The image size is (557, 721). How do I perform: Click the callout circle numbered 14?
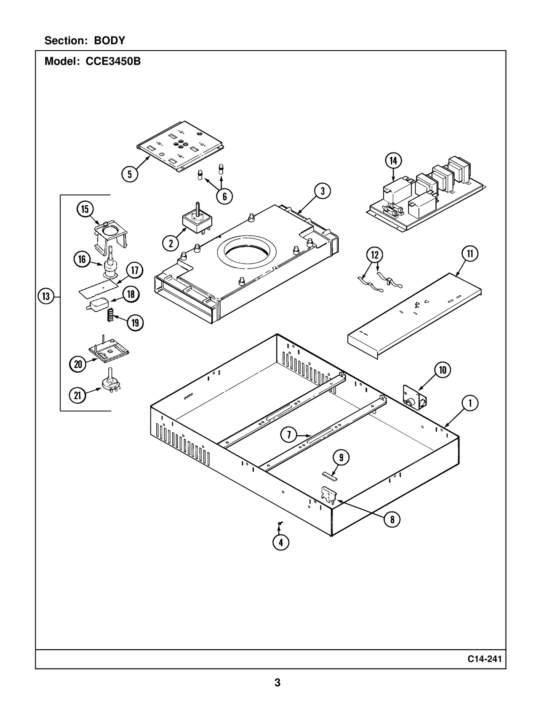(393, 161)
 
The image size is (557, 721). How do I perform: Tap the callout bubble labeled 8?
(392, 519)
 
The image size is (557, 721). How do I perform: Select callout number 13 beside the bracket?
(46, 297)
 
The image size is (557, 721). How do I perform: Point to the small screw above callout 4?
(280, 523)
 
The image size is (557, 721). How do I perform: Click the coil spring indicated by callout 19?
(110, 315)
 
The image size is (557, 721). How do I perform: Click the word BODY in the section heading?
(109, 41)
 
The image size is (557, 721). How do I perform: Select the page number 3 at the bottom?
(277, 682)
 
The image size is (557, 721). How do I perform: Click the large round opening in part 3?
(246, 251)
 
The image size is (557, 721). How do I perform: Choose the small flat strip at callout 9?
(329, 476)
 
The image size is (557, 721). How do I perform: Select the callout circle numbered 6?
(225, 197)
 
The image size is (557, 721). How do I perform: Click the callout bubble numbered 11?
(470, 254)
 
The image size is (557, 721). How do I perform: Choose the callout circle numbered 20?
(78, 364)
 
